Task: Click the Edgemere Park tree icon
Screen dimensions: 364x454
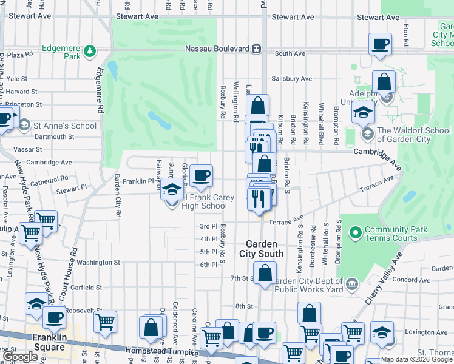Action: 90,50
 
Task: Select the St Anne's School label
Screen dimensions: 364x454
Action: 65,126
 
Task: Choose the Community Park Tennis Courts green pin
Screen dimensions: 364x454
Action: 354,232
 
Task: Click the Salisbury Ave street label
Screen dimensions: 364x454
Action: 291,79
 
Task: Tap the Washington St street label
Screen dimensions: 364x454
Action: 98,263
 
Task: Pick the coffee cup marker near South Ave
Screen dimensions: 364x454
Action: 380,44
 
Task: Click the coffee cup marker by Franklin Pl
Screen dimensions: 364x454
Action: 201,176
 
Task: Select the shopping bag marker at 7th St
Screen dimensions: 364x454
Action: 265,273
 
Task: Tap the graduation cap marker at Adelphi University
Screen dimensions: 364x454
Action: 363,112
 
